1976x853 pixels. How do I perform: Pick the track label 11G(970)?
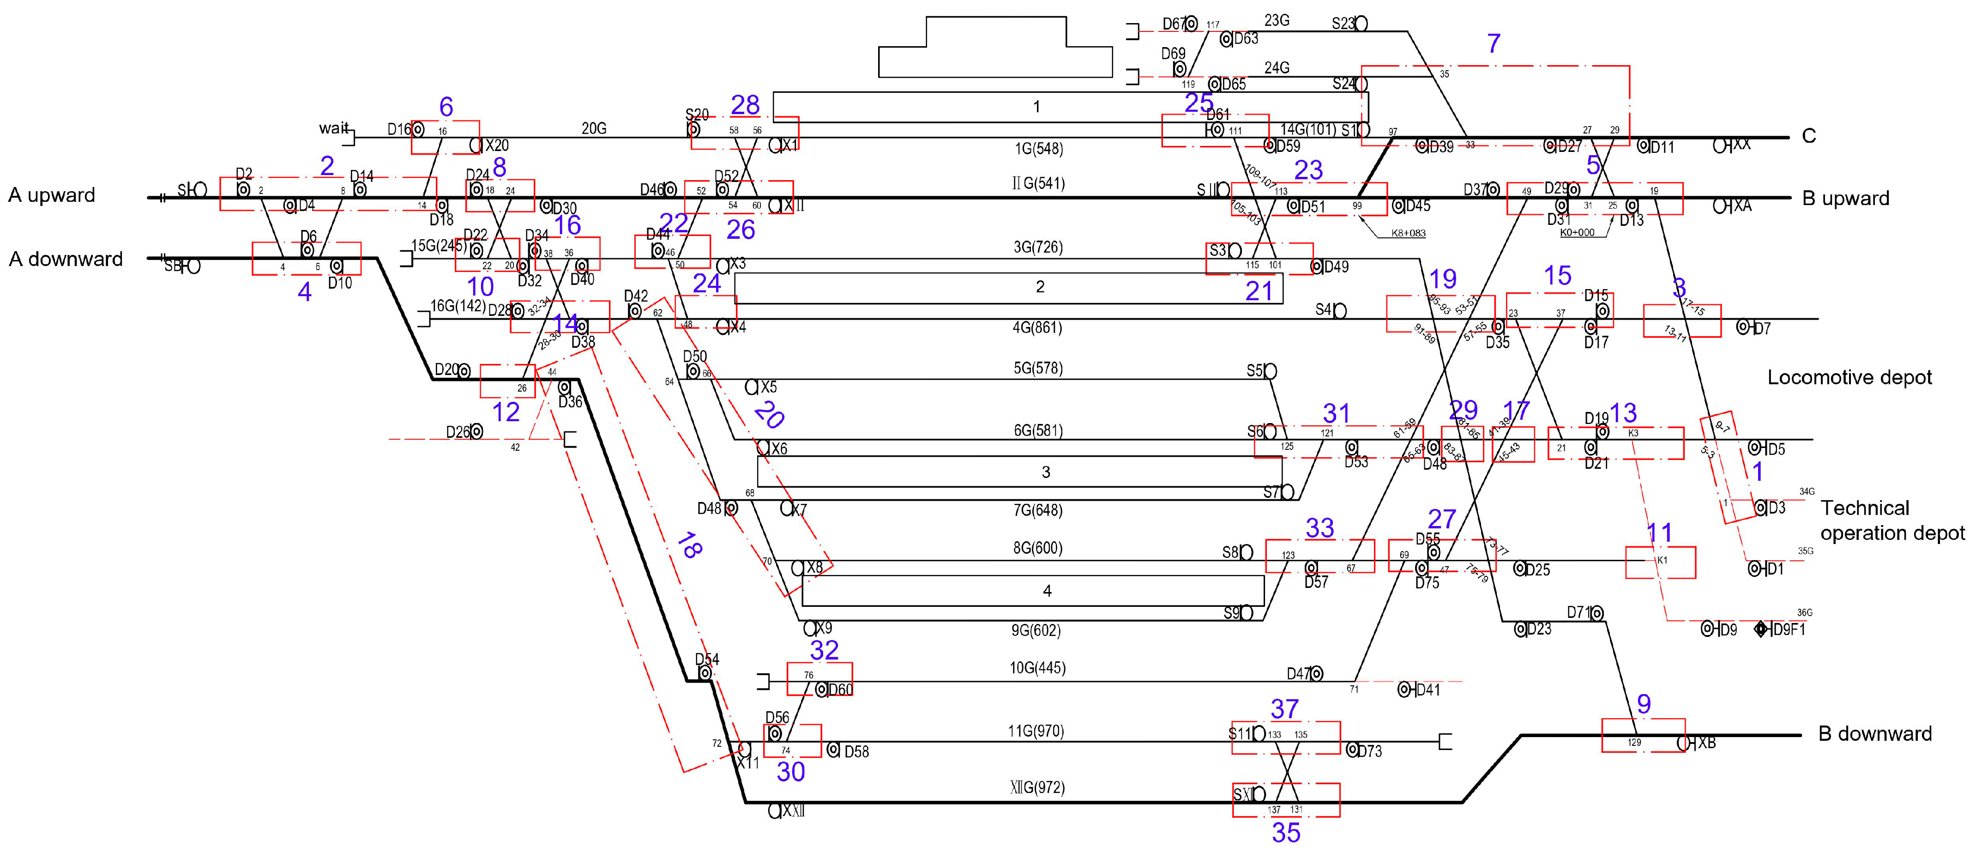(1036, 731)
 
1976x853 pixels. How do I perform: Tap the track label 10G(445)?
(1037, 668)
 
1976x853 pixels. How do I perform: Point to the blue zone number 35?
(1286, 832)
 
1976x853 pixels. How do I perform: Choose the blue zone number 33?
(1319, 528)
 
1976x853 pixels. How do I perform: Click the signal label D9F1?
(1789, 630)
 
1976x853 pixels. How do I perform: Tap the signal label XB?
(1706, 743)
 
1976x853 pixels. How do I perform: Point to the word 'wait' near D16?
(334, 128)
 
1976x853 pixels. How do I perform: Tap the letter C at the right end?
(1808, 137)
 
